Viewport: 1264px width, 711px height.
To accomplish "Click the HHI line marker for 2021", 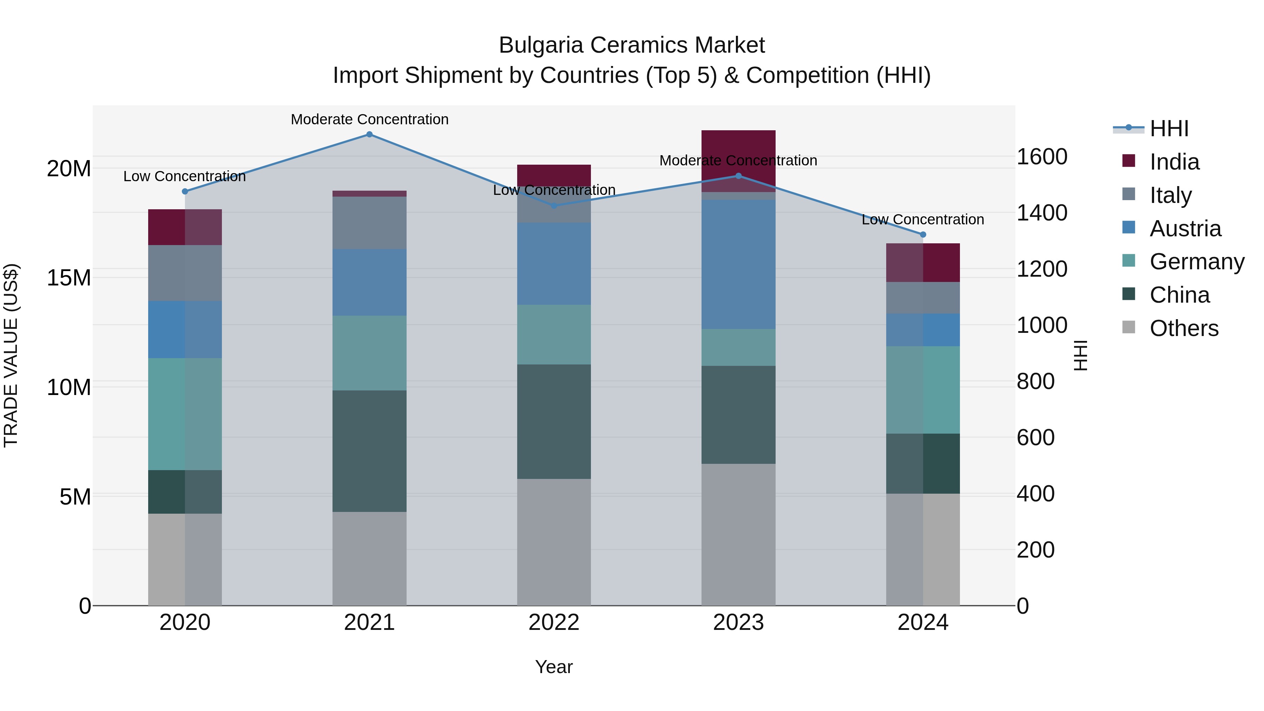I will pos(369,134).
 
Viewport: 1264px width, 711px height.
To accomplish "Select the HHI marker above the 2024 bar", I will pos(923,235).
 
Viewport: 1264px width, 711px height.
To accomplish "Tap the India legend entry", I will pos(1174,162).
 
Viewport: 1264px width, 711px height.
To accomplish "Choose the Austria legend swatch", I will pos(1128,228).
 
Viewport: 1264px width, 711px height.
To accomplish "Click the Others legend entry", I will pos(1184,328).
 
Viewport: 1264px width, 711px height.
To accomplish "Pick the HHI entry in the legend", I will pos(1169,129).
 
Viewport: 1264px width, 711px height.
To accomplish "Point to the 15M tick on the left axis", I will pos(69,278).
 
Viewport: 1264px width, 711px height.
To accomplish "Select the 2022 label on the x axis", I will pos(554,623).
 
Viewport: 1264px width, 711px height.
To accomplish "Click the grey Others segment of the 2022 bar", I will pos(554,542).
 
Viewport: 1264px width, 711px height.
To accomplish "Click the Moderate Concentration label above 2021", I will pos(369,119).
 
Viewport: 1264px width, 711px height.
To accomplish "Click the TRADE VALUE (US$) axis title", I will pos(11,355).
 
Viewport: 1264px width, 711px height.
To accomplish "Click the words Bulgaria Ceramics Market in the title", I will pos(632,45).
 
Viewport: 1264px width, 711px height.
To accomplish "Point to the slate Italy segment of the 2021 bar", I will pos(369,223).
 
